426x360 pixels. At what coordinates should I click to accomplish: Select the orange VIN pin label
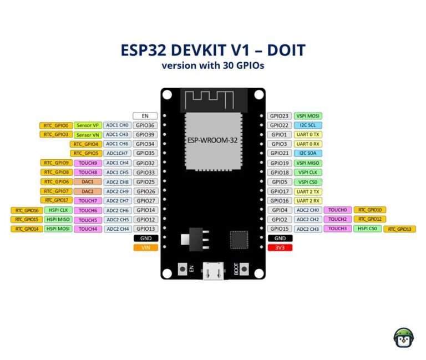click(145, 247)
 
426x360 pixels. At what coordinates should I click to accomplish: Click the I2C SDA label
click(308, 153)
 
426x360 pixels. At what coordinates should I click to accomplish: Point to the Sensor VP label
click(88, 125)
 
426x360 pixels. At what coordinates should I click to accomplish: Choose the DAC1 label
click(88, 181)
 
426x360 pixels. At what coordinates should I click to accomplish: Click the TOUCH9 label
click(88, 163)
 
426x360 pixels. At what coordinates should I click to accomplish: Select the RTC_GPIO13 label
click(400, 229)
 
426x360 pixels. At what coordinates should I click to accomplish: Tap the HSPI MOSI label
click(58, 229)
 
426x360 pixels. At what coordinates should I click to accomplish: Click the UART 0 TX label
click(308, 135)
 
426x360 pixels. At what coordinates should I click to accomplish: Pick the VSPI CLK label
click(308, 173)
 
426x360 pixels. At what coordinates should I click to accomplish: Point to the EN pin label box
click(145, 116)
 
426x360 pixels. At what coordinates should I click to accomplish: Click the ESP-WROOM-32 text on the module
click(212, 140)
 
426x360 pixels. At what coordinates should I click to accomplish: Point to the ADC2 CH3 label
click(308, 229)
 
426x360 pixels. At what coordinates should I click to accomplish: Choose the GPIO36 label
click(145, 125)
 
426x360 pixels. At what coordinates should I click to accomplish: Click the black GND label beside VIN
click(145, 238)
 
